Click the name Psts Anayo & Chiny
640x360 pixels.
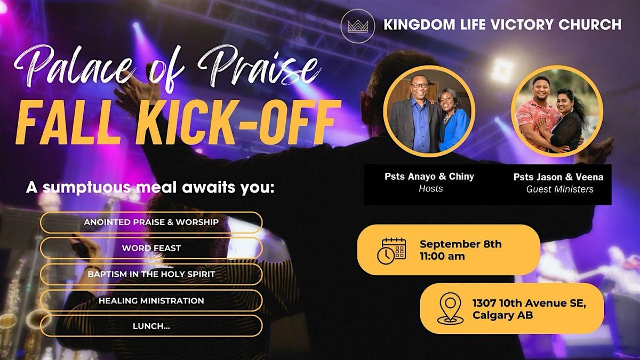coord(429,177)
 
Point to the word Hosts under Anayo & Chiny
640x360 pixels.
coord(430,188)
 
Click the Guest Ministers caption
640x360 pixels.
coord(559,189)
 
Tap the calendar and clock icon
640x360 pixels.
coord(392,250)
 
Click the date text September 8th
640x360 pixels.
coord(460,244)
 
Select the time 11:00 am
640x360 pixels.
coord(442,256)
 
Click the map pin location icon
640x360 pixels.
coord(450,308)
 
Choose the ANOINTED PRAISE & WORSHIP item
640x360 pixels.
coord(151,222)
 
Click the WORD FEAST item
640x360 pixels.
coord(151,248)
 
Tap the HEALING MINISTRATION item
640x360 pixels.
coord(151,301)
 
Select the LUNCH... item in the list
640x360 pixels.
coord(151,325)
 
